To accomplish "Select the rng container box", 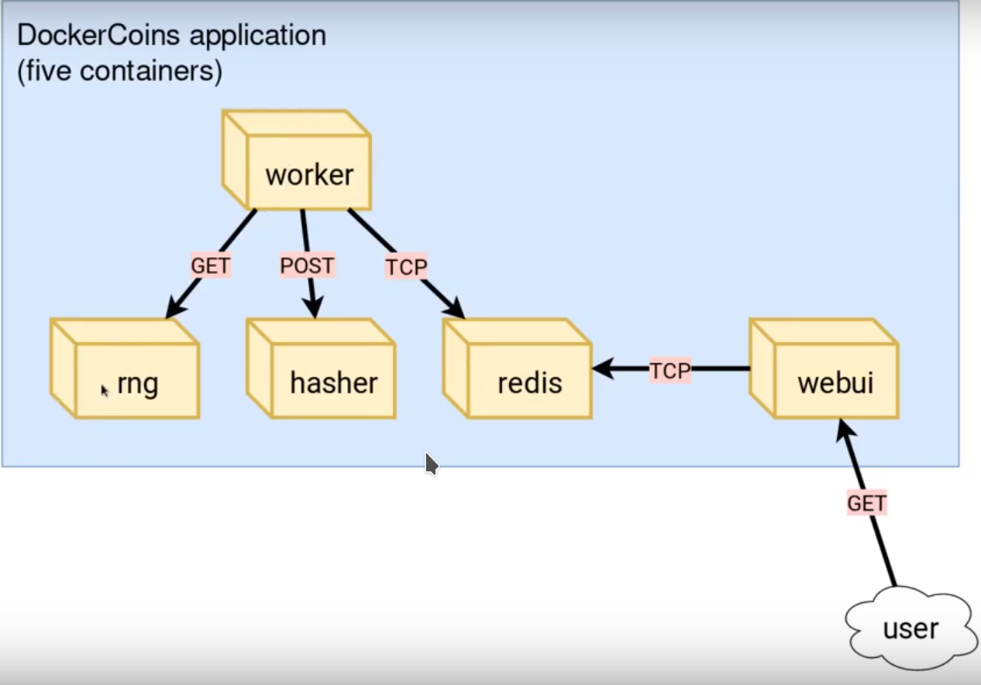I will coord(126,369).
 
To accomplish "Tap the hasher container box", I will coord(322,369).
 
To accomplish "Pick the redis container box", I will coord(518,369).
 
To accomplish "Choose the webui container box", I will coord(824,369).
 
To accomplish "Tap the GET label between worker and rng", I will coord(210,265).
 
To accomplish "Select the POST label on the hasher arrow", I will coord(307,265).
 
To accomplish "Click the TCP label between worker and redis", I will coord(406,267).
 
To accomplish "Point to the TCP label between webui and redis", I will coord(669,371).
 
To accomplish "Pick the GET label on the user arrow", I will coord(866,503).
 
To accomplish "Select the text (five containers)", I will coord(119,72).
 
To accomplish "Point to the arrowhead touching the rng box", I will coord(174,310).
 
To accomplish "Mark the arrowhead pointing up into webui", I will coord(842,430).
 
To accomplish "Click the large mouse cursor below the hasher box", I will coord(431,464).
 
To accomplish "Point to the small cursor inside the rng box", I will coord(105,390).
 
